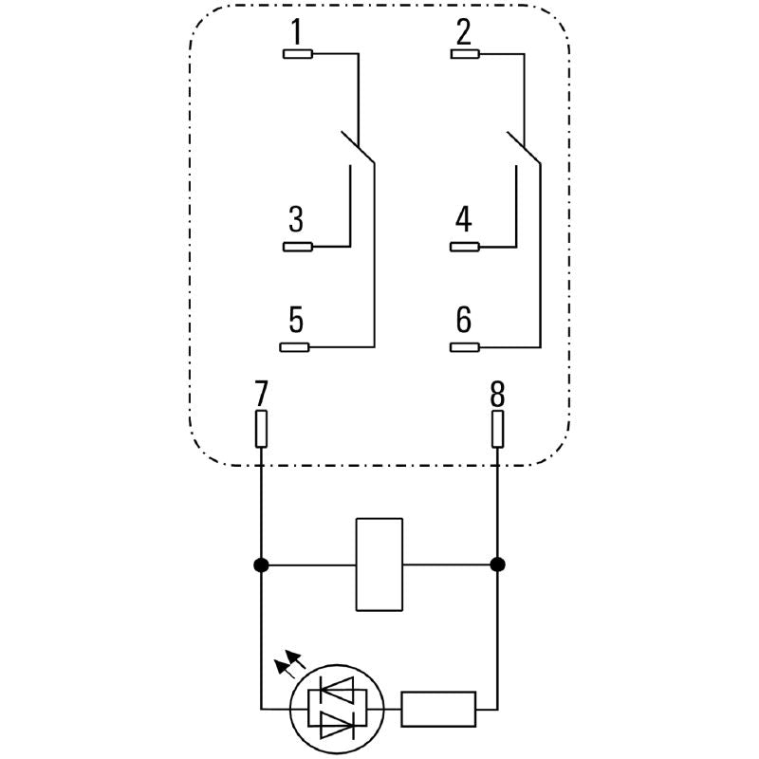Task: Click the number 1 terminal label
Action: [x=296, y=33]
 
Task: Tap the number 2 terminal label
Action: [x=463, y=33]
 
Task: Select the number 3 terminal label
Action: [x=296, y=221]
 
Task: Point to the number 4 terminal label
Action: [x=463, y=221]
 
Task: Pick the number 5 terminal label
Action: [x=296, y=321]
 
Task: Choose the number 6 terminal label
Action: [x=463, y=321]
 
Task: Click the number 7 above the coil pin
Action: [x=261, y=392]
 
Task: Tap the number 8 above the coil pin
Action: [x=497, y=392]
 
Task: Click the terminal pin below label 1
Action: [x=298, y=54]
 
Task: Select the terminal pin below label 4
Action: [x=465, y=248]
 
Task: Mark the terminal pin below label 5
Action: [x=298, y=346]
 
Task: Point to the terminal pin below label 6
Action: [x=465, y=346]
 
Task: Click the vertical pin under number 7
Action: [x=261, y=429]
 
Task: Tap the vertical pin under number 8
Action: [x=497, y=429]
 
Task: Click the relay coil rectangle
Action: [x=379, y=565]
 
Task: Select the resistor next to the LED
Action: [x=438, y=709]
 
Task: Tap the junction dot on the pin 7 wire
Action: [x=261, y=565]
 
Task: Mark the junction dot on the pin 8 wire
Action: [x=497, y=565]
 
